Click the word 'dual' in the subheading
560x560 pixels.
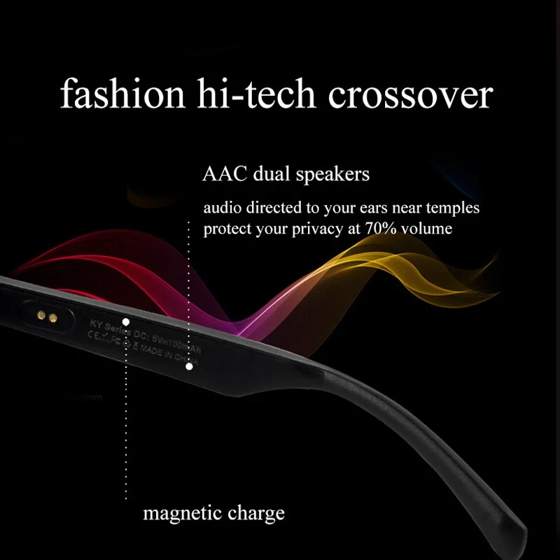269,174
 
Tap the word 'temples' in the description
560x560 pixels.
455,209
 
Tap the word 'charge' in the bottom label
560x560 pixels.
257,514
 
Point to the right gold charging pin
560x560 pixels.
52,318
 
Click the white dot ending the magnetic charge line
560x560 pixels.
127,322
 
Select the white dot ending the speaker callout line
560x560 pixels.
189,366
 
